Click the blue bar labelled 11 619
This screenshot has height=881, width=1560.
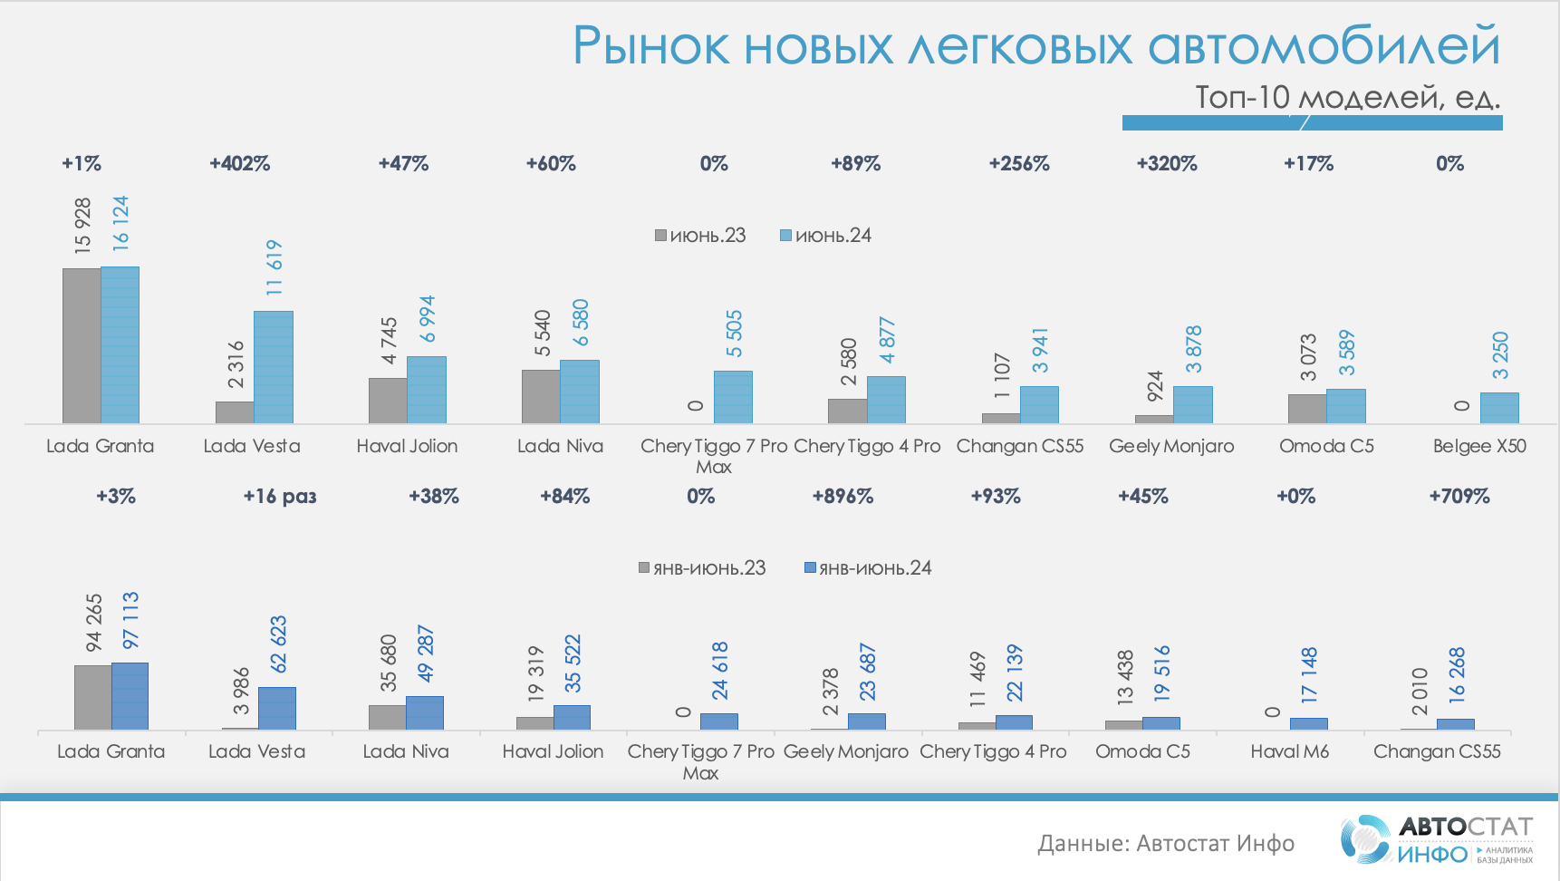pos(274,367)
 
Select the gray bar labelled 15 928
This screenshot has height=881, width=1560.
pos(82,345)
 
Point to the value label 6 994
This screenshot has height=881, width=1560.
pos(428,318)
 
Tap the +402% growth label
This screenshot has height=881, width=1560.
pos(240,164)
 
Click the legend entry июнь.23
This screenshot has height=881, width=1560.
pos(700,236)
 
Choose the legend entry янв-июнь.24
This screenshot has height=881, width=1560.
pos(868,568)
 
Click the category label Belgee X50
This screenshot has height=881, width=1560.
pos(1479,446)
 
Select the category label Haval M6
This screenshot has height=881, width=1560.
pos(1289,751)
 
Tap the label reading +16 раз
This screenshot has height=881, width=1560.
pos(280,497)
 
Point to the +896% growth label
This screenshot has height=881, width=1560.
pos(843,497)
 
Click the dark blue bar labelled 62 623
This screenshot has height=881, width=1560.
pos(277,708)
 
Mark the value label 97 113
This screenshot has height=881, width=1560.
pos(130,620)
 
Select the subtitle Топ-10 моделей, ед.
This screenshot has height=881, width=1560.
pos(1347,97)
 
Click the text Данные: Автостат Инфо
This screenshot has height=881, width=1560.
pos(1166,844)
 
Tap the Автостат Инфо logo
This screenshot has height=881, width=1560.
pos(1436,839)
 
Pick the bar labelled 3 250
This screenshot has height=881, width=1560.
pos(1499,408)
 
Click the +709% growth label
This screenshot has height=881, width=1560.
pos(1459,497)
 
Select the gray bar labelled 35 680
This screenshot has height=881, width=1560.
pos(387,717)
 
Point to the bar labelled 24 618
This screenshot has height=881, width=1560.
pos(719,721)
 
